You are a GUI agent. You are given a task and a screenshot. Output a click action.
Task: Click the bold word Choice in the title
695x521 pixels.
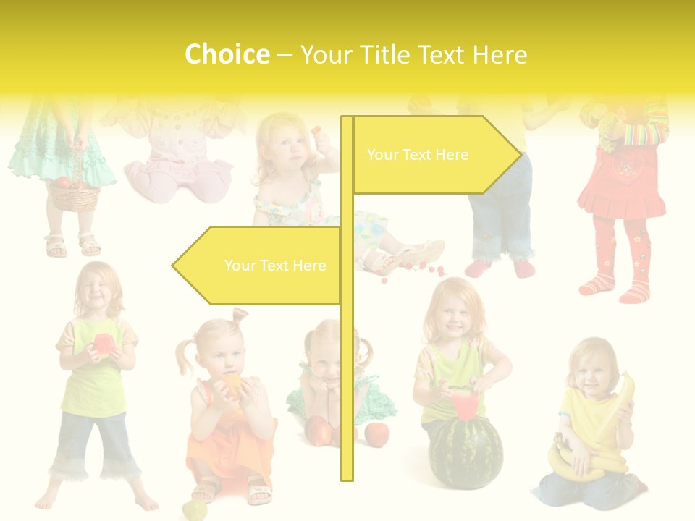pyautogui.click(x=227, y=54)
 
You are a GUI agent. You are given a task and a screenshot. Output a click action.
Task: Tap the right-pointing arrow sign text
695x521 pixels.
pyautogui.click(x=418, y=155)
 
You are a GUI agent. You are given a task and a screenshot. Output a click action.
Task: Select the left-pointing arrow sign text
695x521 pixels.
pyautogui.click(x=275, y=266)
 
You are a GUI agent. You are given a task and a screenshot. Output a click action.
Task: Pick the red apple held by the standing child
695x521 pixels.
pyautogui.click(x=103, y=343)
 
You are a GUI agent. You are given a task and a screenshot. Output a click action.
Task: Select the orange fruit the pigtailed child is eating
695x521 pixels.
pyautogui.click(x=233, y=384)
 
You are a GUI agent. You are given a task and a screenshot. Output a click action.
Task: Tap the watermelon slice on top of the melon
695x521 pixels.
pyautogui.click(x=464, y=404)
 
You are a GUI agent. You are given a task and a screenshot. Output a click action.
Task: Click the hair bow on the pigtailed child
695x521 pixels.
pyautogui.click(x=240, y=315)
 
